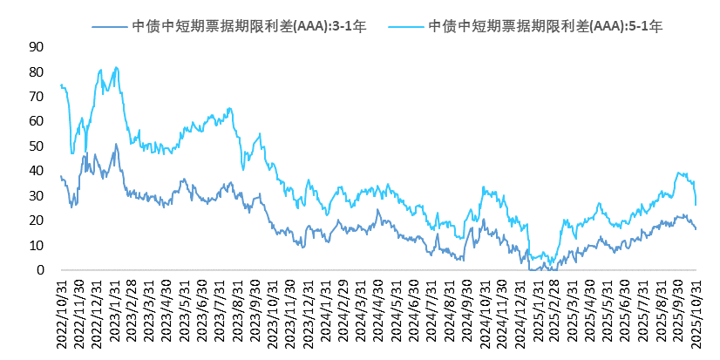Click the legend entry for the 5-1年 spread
coord(546,27)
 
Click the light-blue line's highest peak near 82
coord(116,67)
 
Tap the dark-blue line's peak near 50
coord(116,145)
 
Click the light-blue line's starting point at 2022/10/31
coord(60,85)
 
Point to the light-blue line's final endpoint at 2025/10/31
coord(696,205)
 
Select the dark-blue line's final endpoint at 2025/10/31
coord(696,229)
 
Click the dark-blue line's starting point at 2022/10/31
coord(60,176)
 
